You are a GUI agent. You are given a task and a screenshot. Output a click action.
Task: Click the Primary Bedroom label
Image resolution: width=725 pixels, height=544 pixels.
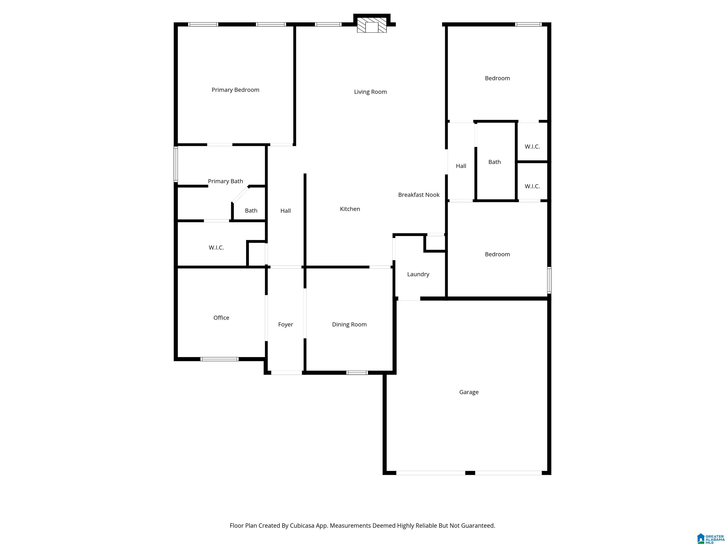[x=235, y=90]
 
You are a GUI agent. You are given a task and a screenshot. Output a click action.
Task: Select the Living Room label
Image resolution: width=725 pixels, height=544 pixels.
[x=370, y=92]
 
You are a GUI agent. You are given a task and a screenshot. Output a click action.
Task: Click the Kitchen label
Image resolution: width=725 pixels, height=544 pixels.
[x=350, y=209]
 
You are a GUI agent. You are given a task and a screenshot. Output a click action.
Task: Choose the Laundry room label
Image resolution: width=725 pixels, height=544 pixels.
[x=418, y=274]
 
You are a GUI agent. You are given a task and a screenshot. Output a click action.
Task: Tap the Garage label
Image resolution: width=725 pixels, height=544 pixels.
[x=469, y=392]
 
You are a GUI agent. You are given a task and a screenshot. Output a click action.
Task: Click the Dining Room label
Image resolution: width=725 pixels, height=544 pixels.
[x=349, y=324]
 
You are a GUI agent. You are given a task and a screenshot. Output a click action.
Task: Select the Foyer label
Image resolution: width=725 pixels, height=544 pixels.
[x=286, y=324]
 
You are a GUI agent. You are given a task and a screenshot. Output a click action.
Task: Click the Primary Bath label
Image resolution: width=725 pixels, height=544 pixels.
[x=225, y=181]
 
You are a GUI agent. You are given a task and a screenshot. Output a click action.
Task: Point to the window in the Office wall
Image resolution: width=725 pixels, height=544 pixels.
[x=219, y=359]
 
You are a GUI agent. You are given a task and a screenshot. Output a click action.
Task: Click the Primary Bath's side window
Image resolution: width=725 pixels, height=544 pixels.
[x=176, y=164]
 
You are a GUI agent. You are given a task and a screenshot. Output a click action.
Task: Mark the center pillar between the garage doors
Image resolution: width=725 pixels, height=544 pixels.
[x=470, y=473]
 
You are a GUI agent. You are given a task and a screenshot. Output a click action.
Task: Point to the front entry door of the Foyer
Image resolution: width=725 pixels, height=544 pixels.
[x=287, y=373]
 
